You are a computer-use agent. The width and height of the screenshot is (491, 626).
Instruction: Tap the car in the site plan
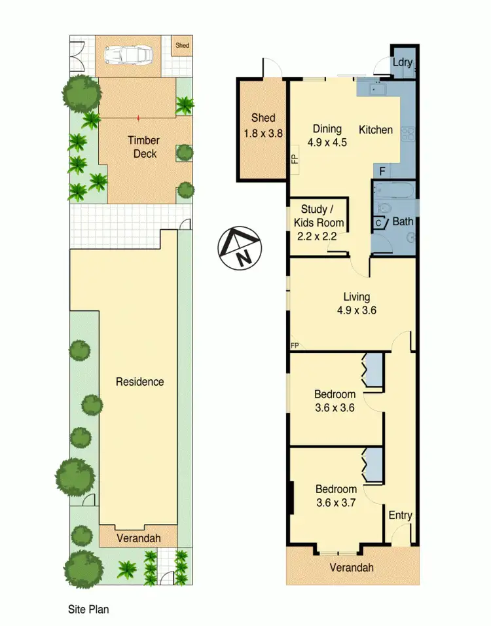[130, 56]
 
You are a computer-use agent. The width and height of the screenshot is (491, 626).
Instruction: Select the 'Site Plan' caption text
[88, 609]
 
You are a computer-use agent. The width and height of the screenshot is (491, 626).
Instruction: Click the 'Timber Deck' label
[143, 147]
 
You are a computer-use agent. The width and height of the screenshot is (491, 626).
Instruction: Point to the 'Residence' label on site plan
[139, 382]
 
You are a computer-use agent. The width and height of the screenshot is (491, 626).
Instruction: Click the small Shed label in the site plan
[182, 46]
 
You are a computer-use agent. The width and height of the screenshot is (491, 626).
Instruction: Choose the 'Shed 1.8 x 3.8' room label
[262, 124]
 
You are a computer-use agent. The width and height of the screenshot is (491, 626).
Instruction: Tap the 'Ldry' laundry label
[401, 62]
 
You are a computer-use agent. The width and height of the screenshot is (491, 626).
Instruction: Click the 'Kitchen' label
[375, 130]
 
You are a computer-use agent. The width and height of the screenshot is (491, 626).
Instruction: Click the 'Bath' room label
[402, 222]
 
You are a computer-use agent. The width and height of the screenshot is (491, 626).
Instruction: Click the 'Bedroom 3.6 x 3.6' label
[335, 400]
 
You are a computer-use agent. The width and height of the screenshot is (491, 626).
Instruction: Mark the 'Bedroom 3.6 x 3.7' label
[336, 495]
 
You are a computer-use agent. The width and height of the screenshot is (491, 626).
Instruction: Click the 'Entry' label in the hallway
[400, 515]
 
